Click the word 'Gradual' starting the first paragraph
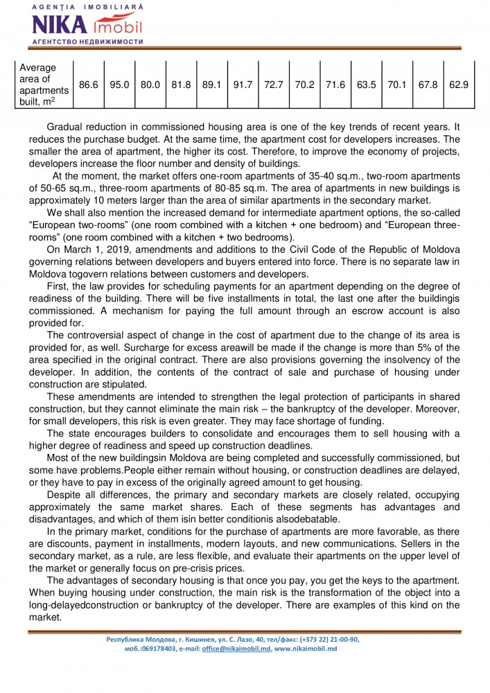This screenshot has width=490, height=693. click(x=64, y=128)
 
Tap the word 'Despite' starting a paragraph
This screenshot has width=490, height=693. click(x=64, y=497)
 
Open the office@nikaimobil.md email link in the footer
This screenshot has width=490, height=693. click(x=236, y=649)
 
